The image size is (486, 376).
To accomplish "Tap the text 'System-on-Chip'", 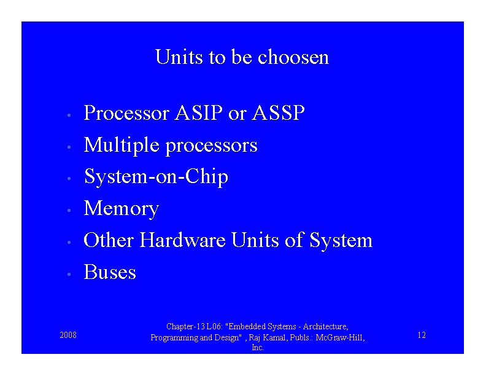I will tap(156, 177).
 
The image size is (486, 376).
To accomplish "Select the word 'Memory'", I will tap(121, 209).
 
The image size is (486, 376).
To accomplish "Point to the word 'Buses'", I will tap(110, 272).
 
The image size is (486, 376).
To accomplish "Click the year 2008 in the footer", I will tap(68, 335).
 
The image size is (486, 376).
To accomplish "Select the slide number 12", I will tap(421, 335).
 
